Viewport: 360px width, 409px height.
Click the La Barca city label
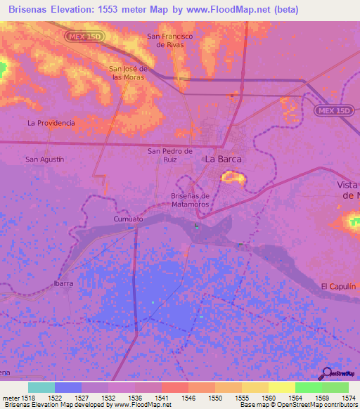pyautogui.click(x=223, y=160)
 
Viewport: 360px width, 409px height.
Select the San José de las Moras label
pyautogui.click(x=128, y=73)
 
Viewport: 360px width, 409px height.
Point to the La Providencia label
pyautogui.click(x=51, y=122)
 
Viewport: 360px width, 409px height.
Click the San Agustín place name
pyautogui.click(x=45, y=160)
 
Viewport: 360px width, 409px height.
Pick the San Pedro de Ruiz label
pyautogui.click(x=169, y=155)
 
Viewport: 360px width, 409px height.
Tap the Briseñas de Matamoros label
pyautogui.click(x=191, y=200)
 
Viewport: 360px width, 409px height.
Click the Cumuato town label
pyautogui.click(x=128, y=219)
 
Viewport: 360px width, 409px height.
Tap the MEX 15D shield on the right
pyautogui.click(x=331, y=111)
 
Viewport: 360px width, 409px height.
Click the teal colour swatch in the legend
pyautogui.click(x=41, y=387)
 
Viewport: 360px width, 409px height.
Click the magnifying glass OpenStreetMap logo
pyautogui.click(x=326, y=374)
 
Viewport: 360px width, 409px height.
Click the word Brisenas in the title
pyautogui.click(x=31, y=10)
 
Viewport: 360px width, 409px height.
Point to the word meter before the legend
pyautogui.click(x=11, y=398)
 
